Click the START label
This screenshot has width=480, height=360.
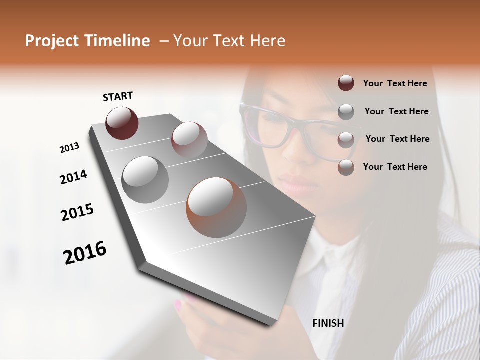[118, 96]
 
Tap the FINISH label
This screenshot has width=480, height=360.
[328, 323]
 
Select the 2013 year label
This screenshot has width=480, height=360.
[69, 147]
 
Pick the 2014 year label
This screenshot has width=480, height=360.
[73, 177]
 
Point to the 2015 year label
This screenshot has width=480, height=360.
[77, 212]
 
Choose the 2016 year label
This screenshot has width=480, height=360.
[85, 253]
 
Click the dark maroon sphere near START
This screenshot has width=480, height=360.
[122, 123]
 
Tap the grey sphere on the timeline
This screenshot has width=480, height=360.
[145, 179]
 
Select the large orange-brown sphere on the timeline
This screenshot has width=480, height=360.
[216, 207]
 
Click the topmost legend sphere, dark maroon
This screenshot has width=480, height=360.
[346, 83]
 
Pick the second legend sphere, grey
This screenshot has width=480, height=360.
[346, 112]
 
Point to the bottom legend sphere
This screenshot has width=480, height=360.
[346, 167]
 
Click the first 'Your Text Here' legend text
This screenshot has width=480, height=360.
[395, 83]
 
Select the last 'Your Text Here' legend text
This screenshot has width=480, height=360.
[395, 167]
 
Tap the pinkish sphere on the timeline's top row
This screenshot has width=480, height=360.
[189, 139]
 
